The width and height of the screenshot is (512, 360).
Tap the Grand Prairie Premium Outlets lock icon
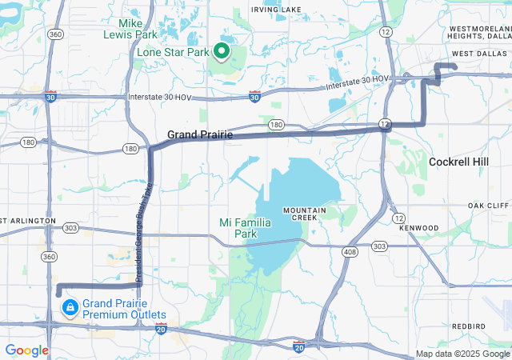pyautogui.click(x=70, y=307)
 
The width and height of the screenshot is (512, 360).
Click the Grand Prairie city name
pyautogui.click(x=200, y=134)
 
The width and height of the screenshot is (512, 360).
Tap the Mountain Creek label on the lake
pyautogui.click(x=304, y=214)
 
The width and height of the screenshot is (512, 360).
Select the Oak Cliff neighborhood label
pyautogui.click(x=488, y=206)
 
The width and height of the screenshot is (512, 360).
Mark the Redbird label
pyautogui.click(x=468, y=326)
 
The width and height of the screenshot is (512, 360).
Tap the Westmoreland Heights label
pyautogui.click(x=478, y=32)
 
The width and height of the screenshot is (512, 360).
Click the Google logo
pyautogui.click(x=27, y=350)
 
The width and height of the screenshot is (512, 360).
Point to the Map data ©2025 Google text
pyautogui.click(x=462, y=354)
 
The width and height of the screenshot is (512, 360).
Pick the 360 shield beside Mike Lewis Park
pyautogui.click(x=54, y=34)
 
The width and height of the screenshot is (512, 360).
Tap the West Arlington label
pyautogui.click(x=27, y=220)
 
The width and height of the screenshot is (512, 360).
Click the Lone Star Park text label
pyautogui.click(x=172, y=53)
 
